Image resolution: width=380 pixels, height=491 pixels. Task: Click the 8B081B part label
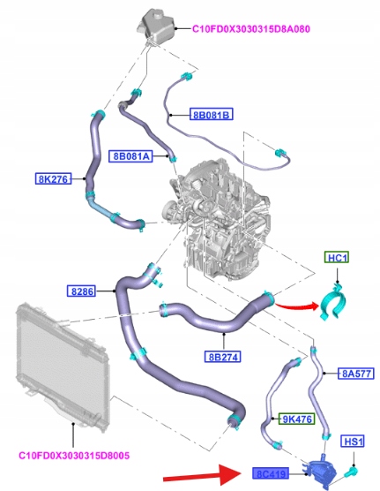[212, 114]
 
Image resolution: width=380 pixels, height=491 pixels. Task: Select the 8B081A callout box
[130, 155]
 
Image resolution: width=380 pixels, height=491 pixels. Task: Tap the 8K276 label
[53, 178]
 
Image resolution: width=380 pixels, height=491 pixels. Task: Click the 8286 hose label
[82, 291]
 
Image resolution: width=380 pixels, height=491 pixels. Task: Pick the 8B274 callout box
[223, 357]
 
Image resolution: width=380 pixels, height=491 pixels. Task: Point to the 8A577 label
[356, 374]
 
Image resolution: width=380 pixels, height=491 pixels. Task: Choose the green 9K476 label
[297, 419]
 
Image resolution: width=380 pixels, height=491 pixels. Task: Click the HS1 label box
[353, 442]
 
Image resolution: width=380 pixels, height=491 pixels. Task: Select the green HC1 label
[337, 257]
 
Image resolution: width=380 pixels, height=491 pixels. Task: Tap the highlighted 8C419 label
[271, 473]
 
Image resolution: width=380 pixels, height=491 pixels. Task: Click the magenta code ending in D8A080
[250, 29]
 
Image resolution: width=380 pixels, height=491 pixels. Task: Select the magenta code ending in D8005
[74, 456]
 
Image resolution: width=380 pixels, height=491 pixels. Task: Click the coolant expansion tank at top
[156, 25]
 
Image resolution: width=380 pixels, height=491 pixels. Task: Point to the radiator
[63, 368]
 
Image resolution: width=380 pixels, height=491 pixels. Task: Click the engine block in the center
[216, 219]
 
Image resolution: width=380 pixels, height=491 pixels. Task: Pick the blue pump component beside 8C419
[320, 471]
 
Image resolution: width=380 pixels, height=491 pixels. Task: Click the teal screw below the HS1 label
[351, 471]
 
